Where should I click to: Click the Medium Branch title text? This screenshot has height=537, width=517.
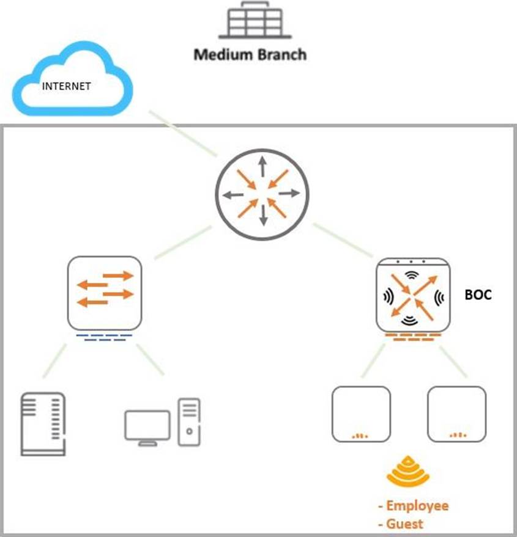250,54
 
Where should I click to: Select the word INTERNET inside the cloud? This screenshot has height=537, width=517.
66,86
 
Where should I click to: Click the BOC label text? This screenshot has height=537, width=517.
478,294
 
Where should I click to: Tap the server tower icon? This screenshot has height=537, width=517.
43,424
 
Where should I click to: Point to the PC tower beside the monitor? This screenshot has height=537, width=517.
189,422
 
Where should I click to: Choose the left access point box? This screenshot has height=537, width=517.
361,414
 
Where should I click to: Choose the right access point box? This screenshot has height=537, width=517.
457,414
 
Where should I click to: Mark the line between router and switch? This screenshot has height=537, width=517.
183,242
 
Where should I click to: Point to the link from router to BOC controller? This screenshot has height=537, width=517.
343,240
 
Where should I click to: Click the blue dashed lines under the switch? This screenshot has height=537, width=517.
106,337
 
